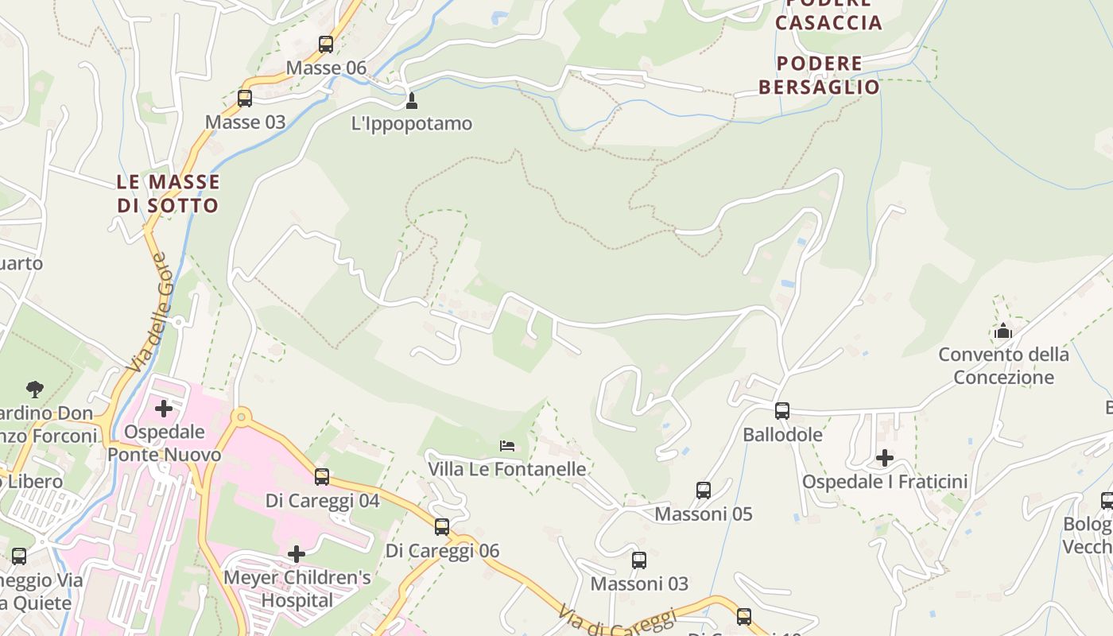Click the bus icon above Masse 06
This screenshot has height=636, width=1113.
326,45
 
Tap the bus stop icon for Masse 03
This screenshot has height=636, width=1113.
245,99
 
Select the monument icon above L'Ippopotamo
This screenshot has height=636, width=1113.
411,101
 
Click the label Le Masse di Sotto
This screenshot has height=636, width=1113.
168,193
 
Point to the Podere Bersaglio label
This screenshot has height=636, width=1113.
819,75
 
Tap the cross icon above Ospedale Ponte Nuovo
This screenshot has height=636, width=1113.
164,409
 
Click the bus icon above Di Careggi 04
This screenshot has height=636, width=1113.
322,477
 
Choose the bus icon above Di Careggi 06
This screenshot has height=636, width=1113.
442,526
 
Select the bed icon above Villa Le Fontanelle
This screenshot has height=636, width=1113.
507,446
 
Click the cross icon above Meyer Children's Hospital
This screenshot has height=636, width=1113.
297,553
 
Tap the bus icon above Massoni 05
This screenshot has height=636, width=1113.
704,491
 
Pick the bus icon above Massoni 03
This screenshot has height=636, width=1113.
639,560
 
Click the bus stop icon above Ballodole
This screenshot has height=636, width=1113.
782,411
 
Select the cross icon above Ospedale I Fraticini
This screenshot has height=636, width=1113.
885,458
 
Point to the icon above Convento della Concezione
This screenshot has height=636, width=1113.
1003,331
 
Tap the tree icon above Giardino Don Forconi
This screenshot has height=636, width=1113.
34,390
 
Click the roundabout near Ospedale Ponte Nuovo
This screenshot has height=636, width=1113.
241,417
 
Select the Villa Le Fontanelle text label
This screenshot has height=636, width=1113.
507,469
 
